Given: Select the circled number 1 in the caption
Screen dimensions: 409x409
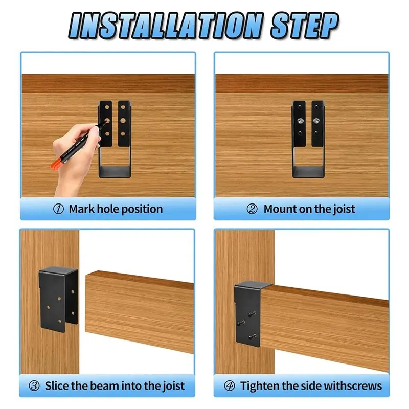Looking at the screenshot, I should coord(59,209).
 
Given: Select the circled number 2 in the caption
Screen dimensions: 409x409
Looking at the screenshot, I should coord(252,209).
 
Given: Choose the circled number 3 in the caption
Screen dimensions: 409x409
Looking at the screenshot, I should coord(35,385).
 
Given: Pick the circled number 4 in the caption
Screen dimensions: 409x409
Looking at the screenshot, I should coord(230,385).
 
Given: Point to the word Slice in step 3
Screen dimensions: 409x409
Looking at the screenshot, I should coord(57,385).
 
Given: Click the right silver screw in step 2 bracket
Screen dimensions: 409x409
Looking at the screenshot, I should coord(316,121).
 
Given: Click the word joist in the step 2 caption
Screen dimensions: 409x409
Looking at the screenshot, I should coord(342,209).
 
